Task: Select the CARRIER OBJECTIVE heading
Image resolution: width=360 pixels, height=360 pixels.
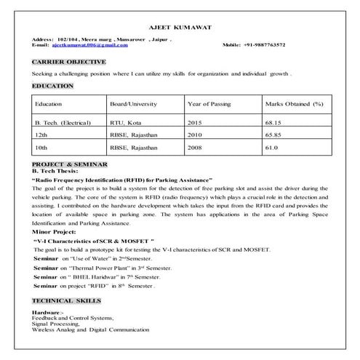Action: [x=70, y=62]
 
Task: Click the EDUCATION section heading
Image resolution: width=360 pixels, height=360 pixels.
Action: [x=53, y=86]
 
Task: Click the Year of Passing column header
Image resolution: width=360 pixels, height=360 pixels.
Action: [x=209, y=104]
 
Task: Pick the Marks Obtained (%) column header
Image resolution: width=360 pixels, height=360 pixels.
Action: [x=294, y=104]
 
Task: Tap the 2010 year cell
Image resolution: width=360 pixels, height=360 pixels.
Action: [x=194, y=135]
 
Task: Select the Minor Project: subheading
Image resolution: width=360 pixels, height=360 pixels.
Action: [x=56, y=232]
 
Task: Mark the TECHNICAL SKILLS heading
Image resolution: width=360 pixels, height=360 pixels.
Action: [x=67, y=300]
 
